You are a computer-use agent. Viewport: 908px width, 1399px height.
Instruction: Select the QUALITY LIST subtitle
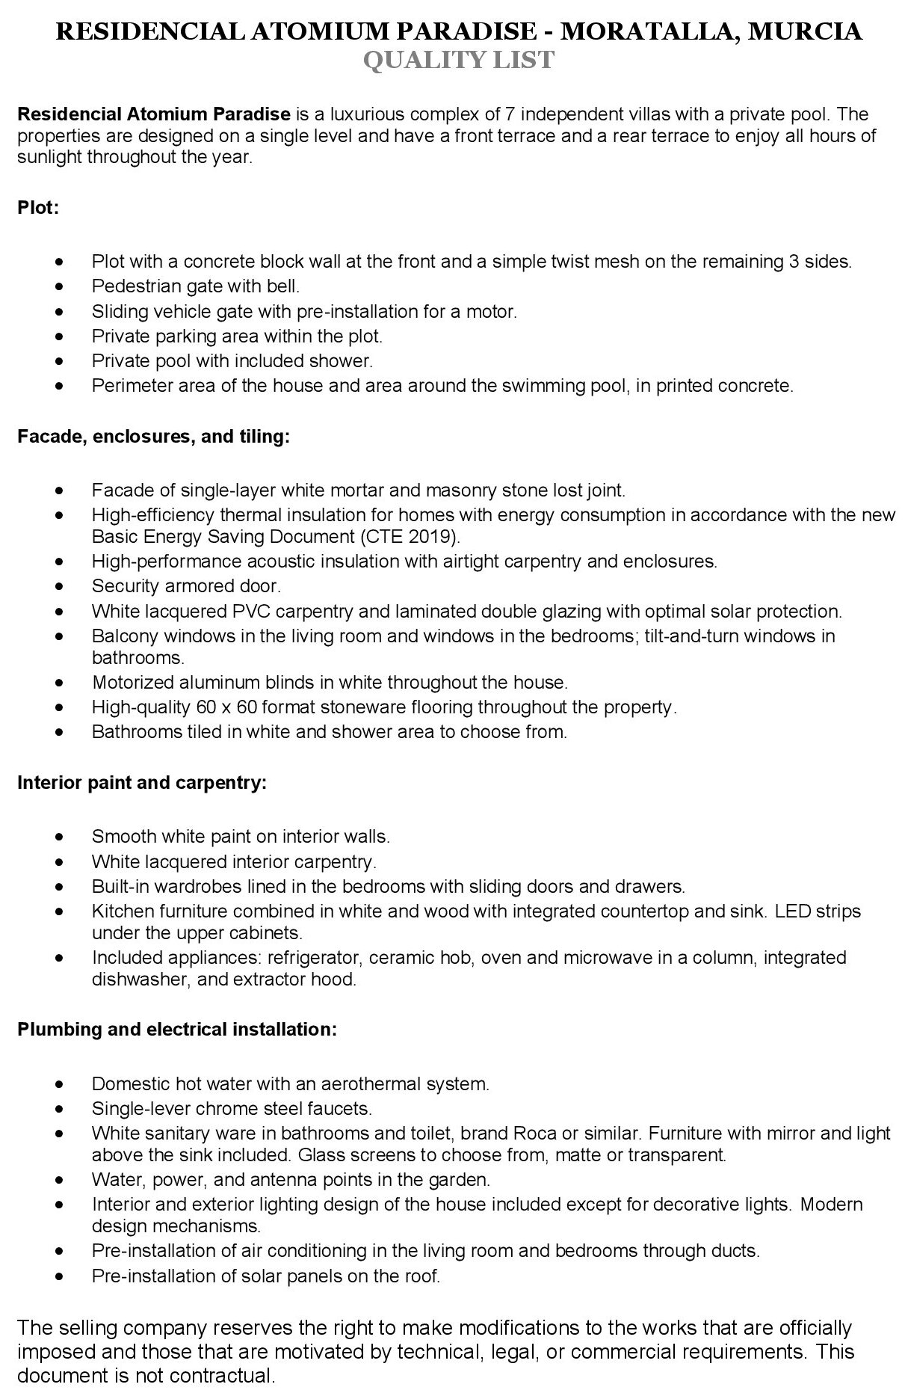tap(459, 60)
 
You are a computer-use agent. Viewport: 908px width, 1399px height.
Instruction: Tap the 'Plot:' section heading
tap(38, 207)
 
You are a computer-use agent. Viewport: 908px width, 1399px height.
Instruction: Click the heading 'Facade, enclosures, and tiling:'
tap(153, 436)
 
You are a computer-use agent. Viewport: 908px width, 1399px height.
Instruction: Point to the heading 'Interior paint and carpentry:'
tap(142, 782)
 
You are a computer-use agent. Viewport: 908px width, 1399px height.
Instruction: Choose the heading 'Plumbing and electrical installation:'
tap(177, 1029)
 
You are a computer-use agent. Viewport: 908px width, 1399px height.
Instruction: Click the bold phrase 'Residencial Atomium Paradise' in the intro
tap(153, 114)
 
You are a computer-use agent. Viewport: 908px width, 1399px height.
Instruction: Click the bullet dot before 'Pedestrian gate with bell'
tap(60, 286)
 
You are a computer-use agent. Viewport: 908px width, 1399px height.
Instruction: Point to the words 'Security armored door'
tap(185, 585)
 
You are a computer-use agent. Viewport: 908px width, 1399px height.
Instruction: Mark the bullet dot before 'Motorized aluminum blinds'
tap(60, 683)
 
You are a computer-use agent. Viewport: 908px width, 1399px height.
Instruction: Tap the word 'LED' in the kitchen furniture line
tap(792, 911)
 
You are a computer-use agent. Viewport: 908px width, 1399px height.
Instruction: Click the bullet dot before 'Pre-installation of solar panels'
tap(60, 1276)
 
